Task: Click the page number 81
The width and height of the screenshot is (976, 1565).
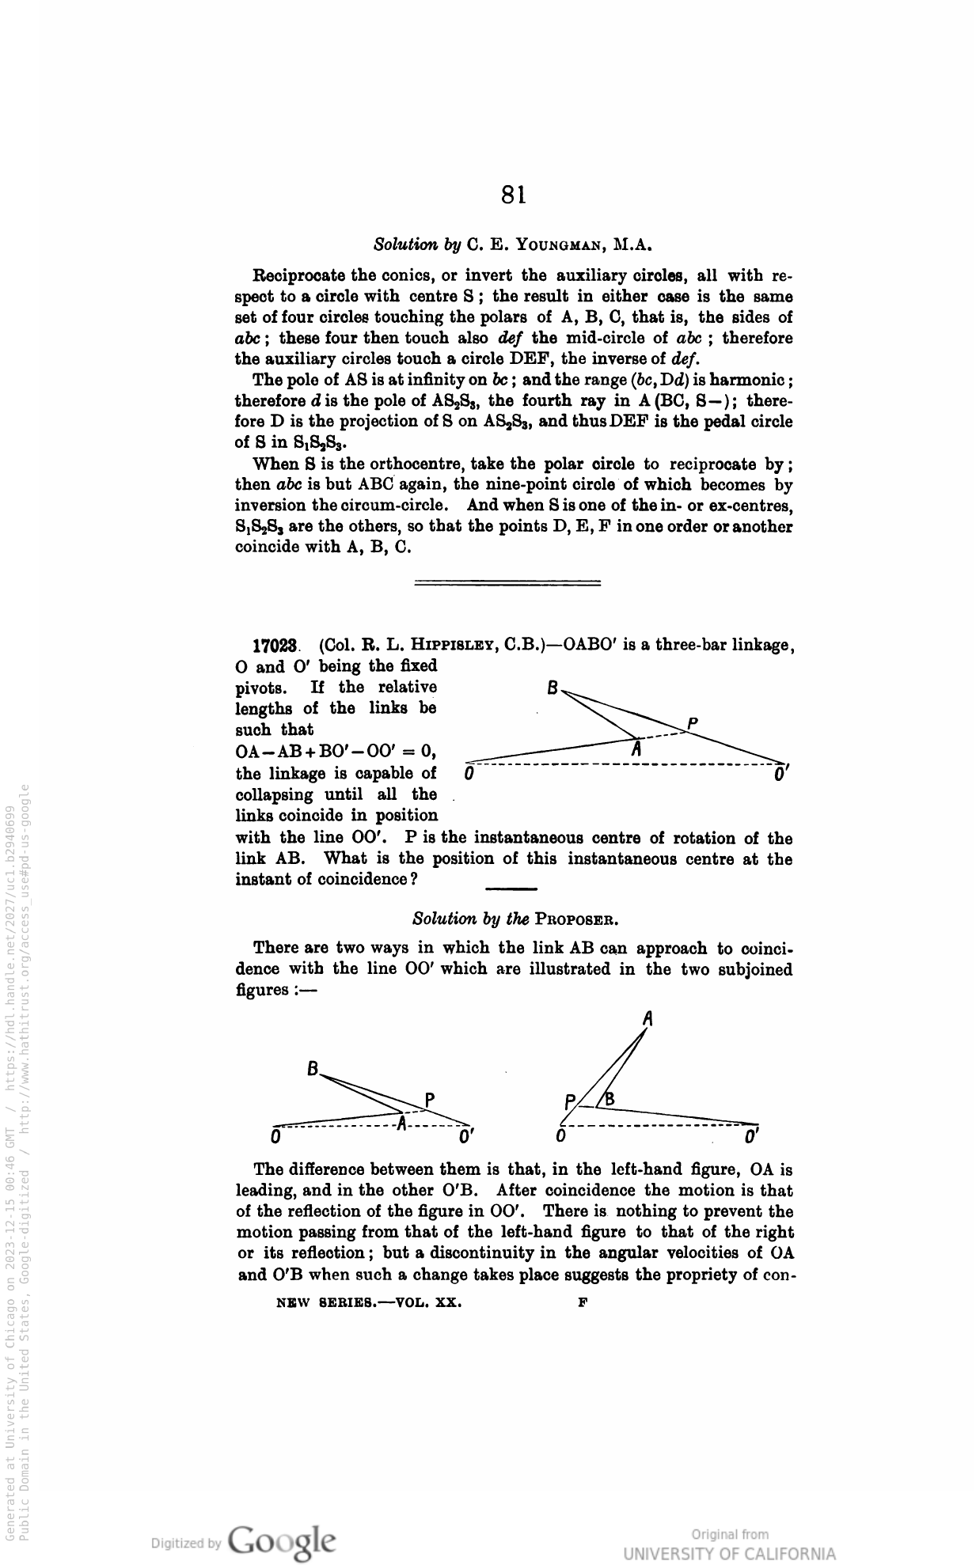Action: click(x=514, y=195)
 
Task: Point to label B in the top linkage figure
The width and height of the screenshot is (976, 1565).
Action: click(x=554, y=687)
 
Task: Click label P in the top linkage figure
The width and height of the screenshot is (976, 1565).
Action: click(x=693, y=722)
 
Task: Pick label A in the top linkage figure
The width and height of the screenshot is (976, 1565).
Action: click(x=635, y=749)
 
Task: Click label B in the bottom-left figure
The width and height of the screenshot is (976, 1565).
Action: click(x=313, y=1070)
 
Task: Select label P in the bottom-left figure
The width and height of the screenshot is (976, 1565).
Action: click(x=430, y=1099)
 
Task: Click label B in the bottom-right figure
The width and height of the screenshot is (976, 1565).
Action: click(x=610, y=1099)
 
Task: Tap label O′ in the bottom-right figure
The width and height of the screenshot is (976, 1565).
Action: click(x=753, y=1138)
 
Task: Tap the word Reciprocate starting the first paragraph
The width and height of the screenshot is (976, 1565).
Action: click(x=298, y=276)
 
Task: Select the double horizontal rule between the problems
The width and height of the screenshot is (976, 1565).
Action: click(x=507, y=584)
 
